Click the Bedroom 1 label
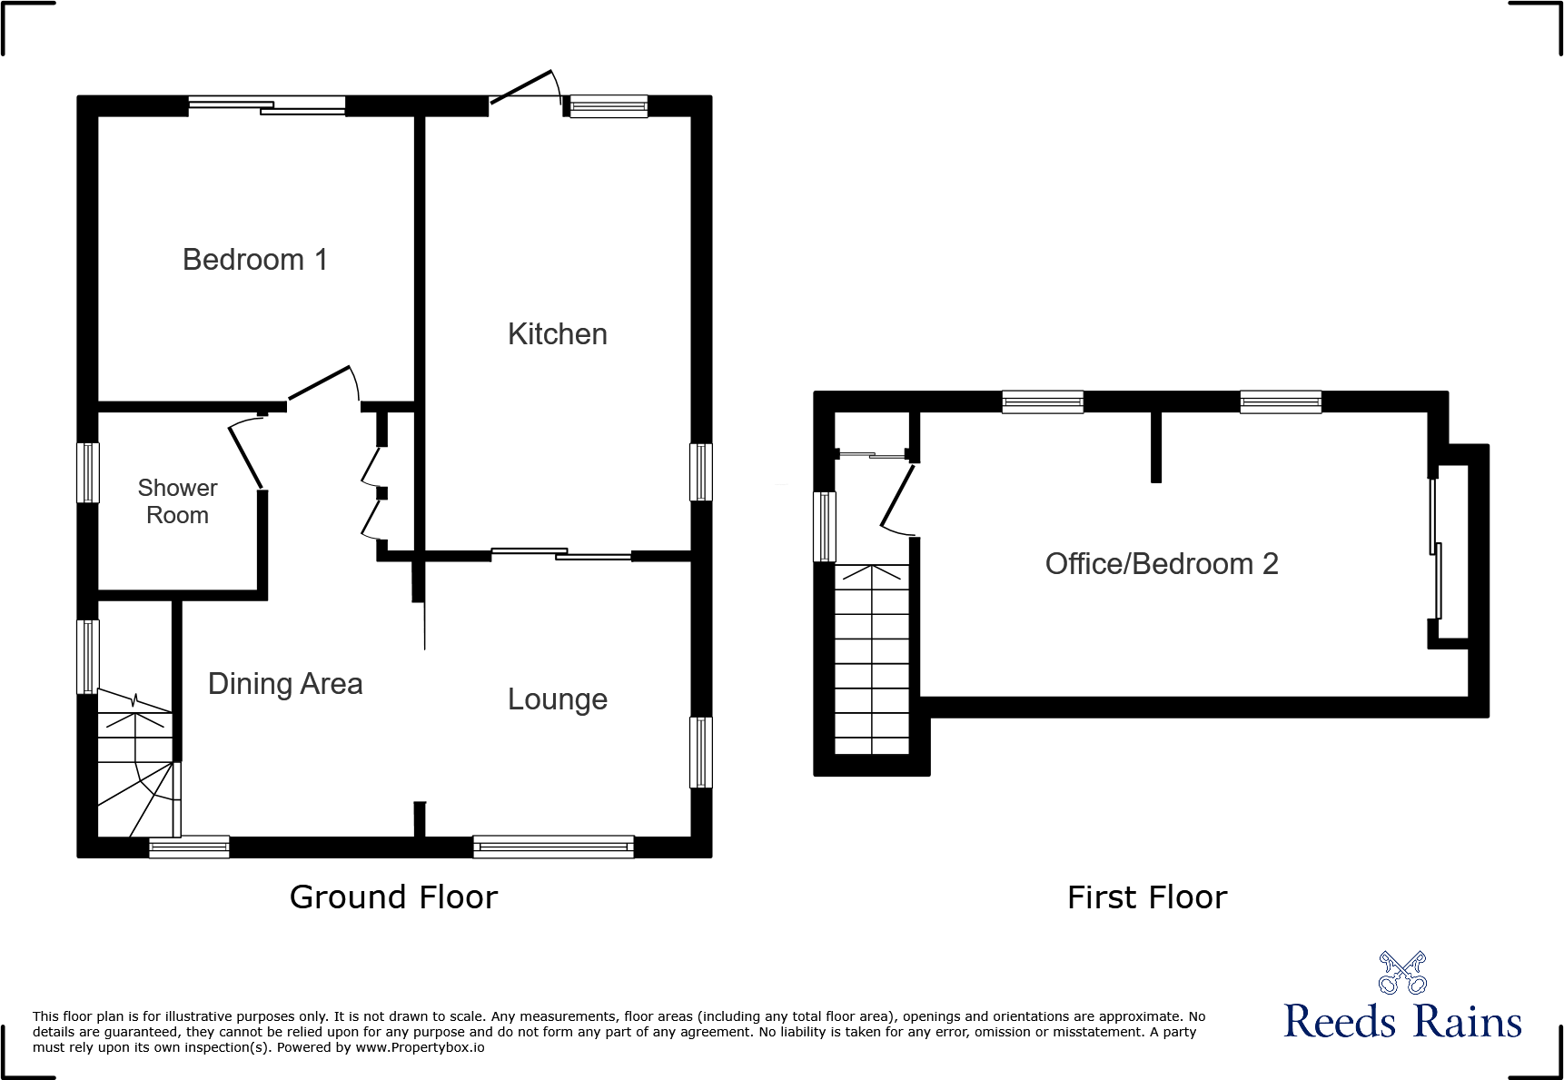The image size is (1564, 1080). (254, 260)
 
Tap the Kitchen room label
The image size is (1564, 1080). (557, 334)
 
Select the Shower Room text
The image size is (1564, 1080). (177, 501)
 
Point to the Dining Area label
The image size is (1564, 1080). (285, 684)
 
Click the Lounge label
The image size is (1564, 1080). (557, 699)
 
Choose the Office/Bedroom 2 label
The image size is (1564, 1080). (1161, 564)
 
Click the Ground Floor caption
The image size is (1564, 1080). (393, 897)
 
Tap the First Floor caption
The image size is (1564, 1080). (1146, 897)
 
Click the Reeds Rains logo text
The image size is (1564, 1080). (1401, 1022)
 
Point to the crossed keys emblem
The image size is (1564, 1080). (1402, 973)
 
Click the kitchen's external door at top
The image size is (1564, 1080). (523, 87)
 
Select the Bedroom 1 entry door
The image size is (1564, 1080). (321, 382)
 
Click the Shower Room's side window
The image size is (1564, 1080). (87, 472)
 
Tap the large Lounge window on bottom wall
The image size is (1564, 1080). (553, 847)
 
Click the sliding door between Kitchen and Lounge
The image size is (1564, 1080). (560, 553)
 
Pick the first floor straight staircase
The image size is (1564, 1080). (871, 659)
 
